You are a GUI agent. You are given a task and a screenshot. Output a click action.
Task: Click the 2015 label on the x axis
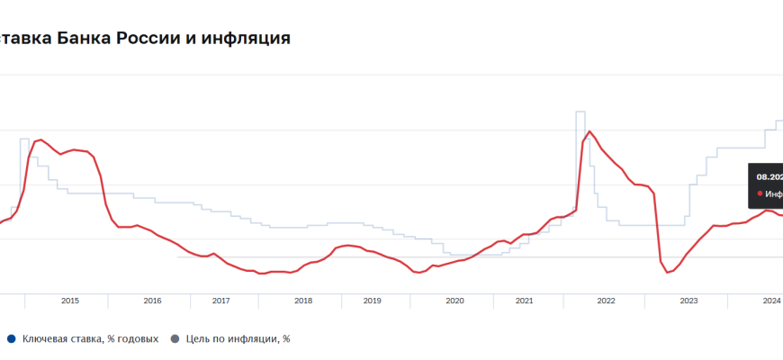pyautogui.click(x=70, y=301)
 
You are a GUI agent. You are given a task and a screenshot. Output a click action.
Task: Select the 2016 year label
pyautogui.click(x=152, y=301)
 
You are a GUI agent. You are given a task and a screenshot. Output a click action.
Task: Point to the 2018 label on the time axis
pyautogui.click(x=303, y=301)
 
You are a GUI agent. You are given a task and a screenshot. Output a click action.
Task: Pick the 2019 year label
pyautogui.click(x=372, y=301)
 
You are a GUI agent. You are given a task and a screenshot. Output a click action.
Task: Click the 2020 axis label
pyautogui.click(x=454, y=301)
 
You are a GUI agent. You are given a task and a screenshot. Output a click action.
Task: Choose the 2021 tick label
pyautogui.click(x=523, y=301)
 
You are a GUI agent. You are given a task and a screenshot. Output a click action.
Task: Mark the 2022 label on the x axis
pyautogui.click(x=606, y=301)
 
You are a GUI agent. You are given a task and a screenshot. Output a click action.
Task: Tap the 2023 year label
pyautogui.click(x=688, y=301)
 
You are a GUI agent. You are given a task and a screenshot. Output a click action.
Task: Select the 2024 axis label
pyautogui.click(x=771, y=301)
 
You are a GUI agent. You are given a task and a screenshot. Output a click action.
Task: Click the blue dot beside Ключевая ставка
pyautogui.click(x=11, y=338)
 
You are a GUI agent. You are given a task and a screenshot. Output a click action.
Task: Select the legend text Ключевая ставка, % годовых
pyautogui.click(x=90, y=338)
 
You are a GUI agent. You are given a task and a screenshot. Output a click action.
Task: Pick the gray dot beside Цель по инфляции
pyautogui.click(x=175, y=338)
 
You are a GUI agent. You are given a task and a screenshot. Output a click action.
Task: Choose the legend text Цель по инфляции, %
pyautogui.click(x=238, y=338)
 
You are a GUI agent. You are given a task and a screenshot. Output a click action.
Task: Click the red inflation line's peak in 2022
pyautogui.click(x=589, y=131)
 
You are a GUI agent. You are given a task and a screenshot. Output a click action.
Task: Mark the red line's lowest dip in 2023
pyautogui.click(x=667, y=272)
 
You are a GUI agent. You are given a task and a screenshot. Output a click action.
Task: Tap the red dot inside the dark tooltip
pyautogui.click(x=760, y=193)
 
